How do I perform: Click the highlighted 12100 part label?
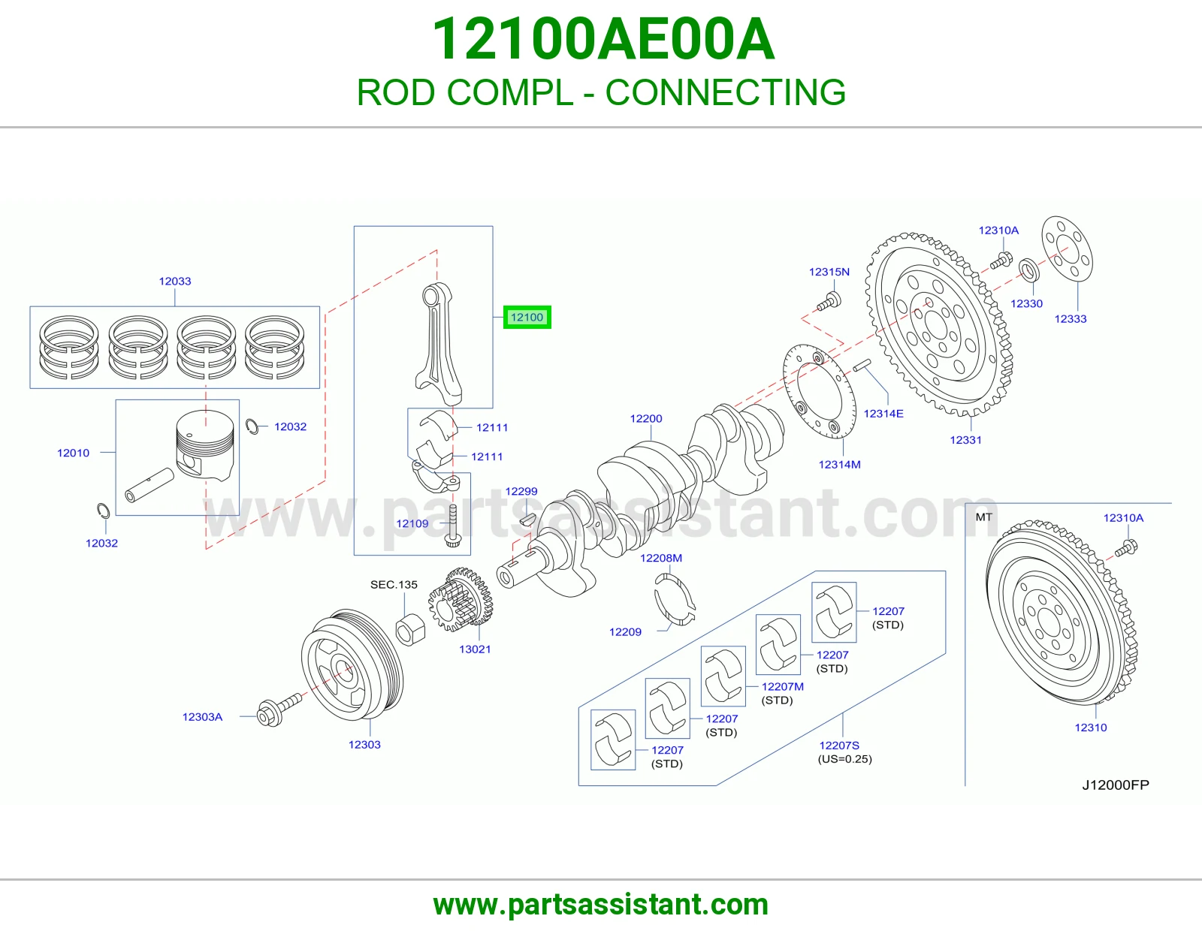tap(527, 318)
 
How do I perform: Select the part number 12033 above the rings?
tap(175, 282)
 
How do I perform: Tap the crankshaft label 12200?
tap(646, 418)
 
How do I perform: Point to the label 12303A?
tap(202, 717)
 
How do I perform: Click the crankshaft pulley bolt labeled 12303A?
tap(279, 710)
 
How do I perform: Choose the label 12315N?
tap(829, 272)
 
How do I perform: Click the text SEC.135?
tap(394, 584)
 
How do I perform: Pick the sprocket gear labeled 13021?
tap(461, 600)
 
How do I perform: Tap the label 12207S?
tap(839, 746)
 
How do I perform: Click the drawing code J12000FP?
tap(1116, 785)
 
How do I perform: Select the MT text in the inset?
tap(983, 517)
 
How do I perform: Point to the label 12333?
tap(1071, 319)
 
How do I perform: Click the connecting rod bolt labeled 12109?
tap(453, 526)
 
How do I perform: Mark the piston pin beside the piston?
tap(149, 485)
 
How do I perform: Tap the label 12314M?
tap(840, 465)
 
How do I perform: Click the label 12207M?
tap(783, 687)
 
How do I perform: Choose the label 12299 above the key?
tap(521, 492)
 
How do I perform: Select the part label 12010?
tap(73, 453)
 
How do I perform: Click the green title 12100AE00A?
tap(603, 39)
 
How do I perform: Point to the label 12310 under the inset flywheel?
tap(1091, 728)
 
